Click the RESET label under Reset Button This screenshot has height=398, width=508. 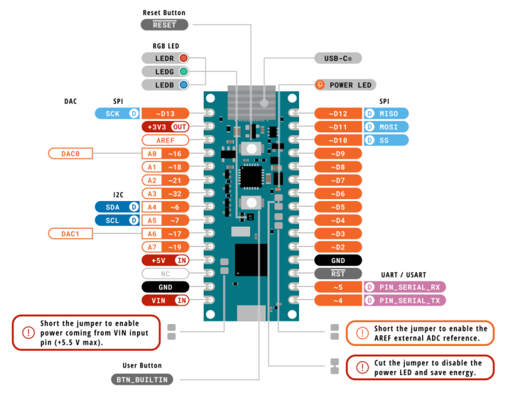pyautogui.click(x=164, y=24)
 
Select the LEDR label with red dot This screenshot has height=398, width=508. pyautogui.click(x=165, y=58)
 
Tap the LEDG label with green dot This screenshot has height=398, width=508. pyautogui.click(x=165, y=71)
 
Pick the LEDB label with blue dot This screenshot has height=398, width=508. pyautogui.click(x=165, y=85)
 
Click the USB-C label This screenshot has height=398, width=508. pyautogui.click(x=337, y=58)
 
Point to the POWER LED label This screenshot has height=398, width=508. pyautogui.click(x=345, y=85)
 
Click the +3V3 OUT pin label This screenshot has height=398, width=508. pyautogui.click(x=165, y=127)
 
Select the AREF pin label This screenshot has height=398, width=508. pyautogui.click(x=165, y=140)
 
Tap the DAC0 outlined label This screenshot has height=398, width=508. pyautogui.click(x=70, y=153)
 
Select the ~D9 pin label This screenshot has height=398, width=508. pyautogui.click(x=337, y=153)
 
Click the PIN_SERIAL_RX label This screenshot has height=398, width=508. pyautogui.click(x=405, y=287)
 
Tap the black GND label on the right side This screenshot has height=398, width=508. pyautogui.click(x=337, y=260)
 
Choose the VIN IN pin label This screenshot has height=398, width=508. pyautogui.click(x=165, y=300)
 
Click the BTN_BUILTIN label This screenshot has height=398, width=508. pyautogui.click(x=142, y=379)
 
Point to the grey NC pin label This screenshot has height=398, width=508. pyautogui.click(x=165, y=274)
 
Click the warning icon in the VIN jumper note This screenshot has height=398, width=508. pyautogui.click(x=28, y=333)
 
